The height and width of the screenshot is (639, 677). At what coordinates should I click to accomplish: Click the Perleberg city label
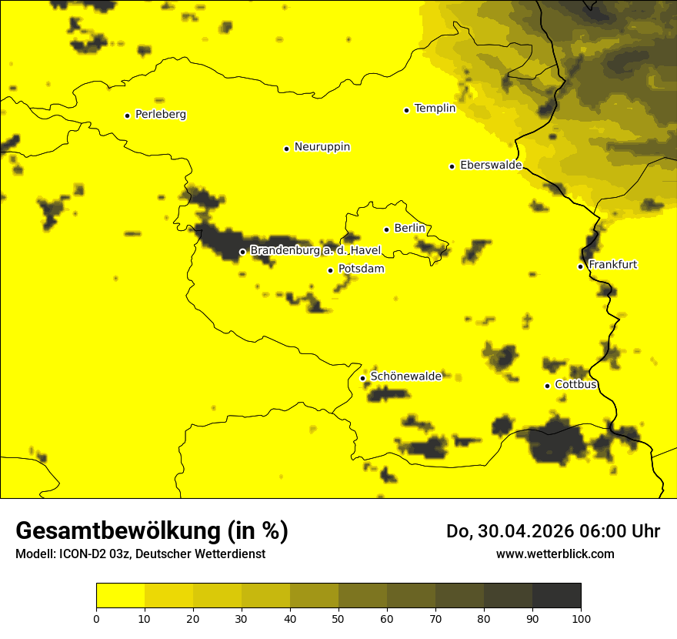click(160, 115)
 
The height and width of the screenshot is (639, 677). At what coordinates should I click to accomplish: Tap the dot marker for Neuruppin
click(286, 149)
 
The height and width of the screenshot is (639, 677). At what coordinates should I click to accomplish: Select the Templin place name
click(435, 109)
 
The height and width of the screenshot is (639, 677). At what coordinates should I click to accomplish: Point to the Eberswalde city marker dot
click(452, 166)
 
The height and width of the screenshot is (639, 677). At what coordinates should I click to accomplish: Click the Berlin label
click(409, 229)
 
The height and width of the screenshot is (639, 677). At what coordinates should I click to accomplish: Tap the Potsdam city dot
click(330, 270)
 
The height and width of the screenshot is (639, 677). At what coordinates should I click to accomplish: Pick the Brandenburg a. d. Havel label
click(315, 251)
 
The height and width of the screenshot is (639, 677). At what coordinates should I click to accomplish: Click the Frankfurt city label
click(612, 265)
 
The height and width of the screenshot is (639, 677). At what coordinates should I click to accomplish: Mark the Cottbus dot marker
click(547, 386)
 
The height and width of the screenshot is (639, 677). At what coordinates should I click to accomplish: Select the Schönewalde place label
click(405, 376)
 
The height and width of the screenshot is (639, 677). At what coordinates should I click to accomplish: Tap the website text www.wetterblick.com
click(555, 554)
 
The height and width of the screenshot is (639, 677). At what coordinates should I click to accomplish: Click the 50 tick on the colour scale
click(338, 617)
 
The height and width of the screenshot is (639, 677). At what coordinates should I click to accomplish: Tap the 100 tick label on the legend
click(581, 617)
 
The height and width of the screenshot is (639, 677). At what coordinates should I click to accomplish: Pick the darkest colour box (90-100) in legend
click(556, 595)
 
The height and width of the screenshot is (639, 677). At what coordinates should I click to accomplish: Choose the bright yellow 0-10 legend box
click(120, 595)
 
